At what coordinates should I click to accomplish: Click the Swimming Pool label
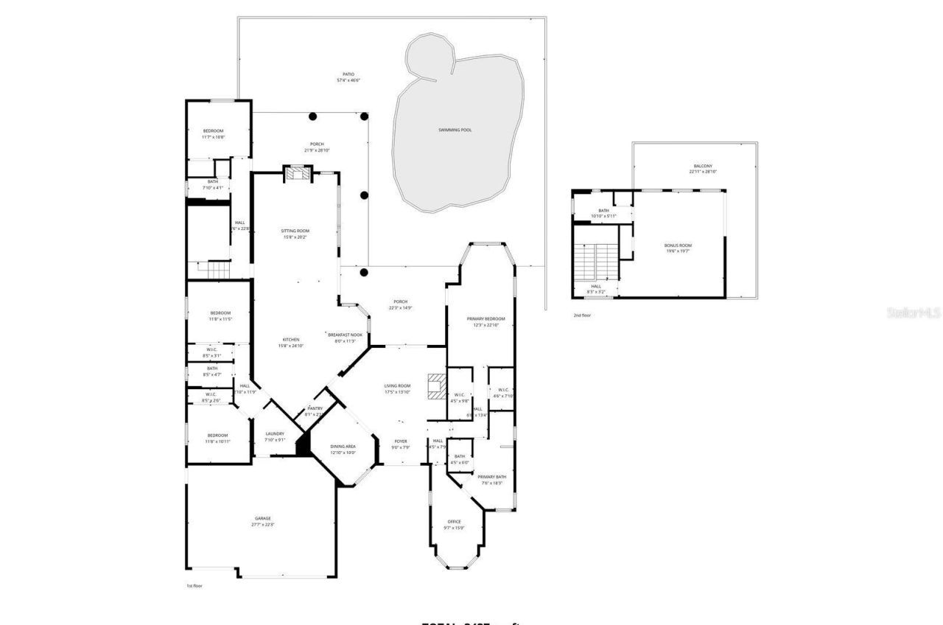pyautogui.click(x=455, y=130)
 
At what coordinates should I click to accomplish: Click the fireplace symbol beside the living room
pyautogui.click(x=436, y=386)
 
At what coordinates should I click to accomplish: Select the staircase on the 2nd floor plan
pyautogui.click(x=595, y=260)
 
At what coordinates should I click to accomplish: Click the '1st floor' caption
pyautogui.click(x=194, y=586)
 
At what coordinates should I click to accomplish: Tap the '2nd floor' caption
pyautogui.click(x=582, y=315)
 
